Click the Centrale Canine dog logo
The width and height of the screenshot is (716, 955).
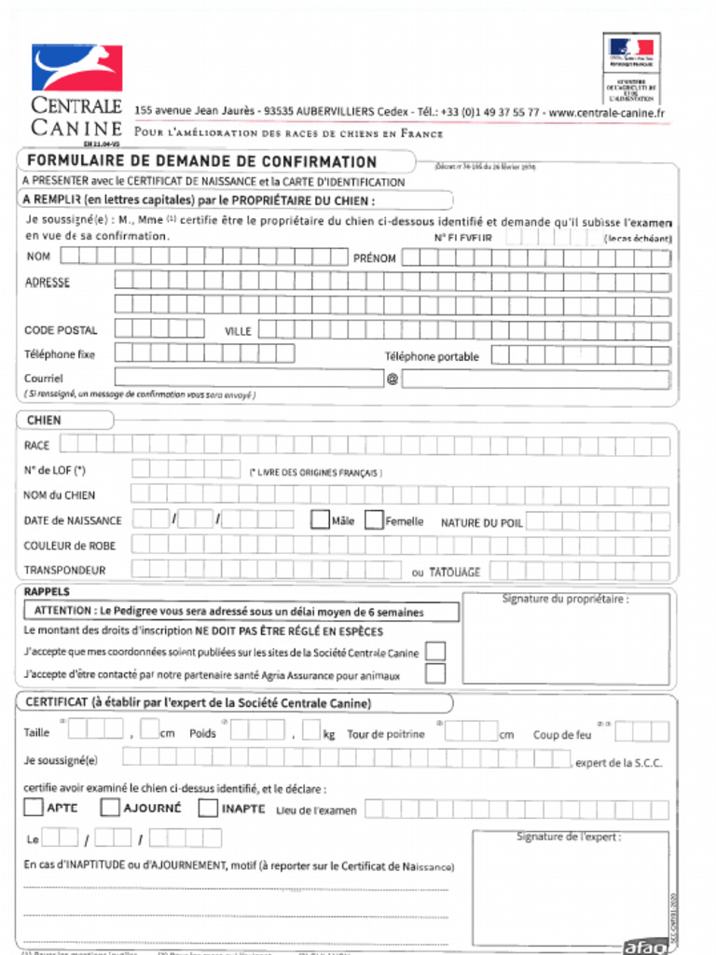[x=76, y=68]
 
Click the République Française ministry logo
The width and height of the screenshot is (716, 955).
[x=631, y=56]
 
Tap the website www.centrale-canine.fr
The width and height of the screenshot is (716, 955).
[x=607, y=113]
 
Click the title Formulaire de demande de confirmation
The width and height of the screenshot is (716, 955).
[x=201, y=161]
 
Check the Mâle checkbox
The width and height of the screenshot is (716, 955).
[x=320, y=520]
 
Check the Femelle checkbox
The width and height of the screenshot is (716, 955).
[x=374, y=520]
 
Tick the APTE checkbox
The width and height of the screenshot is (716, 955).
[x=34, y=808]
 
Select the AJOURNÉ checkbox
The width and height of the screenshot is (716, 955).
[x=110, y=808]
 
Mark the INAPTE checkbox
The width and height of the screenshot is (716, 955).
[x=208, y=808]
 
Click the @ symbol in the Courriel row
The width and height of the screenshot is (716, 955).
[x=392, y=379]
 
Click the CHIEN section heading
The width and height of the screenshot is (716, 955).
[x=44, y=421]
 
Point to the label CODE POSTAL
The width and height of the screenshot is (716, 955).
[x=61, y=330]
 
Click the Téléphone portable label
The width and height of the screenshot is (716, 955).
[x=432, y=356]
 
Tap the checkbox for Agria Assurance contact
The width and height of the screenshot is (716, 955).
[x=435, y=673]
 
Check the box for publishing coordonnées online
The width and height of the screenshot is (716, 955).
[x=435, y=651]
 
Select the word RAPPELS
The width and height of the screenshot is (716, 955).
[x=47, y=592]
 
